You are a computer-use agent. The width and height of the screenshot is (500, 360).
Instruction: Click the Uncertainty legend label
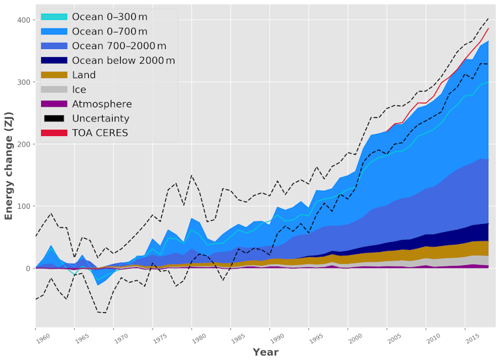pos(101,119)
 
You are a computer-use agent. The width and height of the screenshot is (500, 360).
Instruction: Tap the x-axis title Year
pos(265,352)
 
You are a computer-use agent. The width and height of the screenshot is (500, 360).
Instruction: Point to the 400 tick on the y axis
pos(25,21)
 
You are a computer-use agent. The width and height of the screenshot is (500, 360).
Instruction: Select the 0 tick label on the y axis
pos(29,269)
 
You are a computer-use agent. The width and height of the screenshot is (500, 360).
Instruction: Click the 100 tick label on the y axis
pos(25,206)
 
